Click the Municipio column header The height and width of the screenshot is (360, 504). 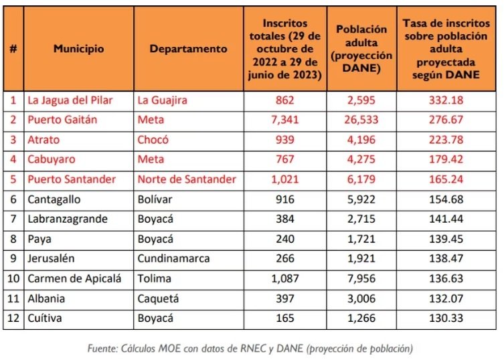79,49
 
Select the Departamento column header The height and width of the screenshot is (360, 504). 188,49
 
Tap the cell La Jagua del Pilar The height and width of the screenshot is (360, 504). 70,100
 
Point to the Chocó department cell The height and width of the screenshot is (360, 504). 153,140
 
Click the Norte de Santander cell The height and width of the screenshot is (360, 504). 187,179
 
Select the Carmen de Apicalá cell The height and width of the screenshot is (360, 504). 74,278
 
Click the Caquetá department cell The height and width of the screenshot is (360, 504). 158,298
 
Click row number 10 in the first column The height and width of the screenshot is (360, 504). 13,278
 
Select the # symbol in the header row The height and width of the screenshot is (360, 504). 13,49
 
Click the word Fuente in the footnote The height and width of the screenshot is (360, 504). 104,349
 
